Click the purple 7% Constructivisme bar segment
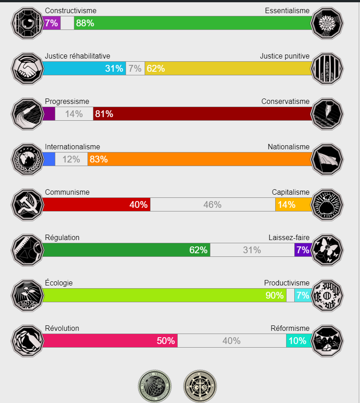(51, 23)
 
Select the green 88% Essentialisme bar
(193, 23)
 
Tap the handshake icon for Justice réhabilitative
(27, 69)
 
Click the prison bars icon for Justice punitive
(327, 69)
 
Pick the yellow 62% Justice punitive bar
(228, 69)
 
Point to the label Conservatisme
(285, 101)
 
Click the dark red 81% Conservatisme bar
(202, 114)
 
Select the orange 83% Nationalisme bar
(199, 159)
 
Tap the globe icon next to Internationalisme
(27, 159)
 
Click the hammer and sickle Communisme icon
(27, 205)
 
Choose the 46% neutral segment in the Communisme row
(212, 205)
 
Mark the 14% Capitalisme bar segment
(293, 205)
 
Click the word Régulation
(62, 237)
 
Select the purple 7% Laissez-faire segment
(303, 250)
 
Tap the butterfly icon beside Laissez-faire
(327, 250)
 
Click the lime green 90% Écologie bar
(164, 295)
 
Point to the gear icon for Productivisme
(327, 295)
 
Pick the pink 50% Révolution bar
(110, 341)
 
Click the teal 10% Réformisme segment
(299, 341)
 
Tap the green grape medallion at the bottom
(155, 386)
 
